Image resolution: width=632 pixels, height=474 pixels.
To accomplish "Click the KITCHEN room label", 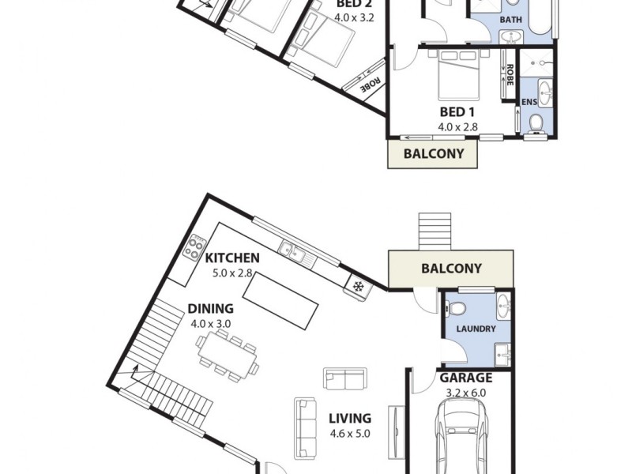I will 232,258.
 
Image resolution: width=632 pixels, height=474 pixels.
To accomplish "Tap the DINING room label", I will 210,309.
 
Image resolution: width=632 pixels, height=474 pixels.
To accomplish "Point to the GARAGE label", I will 466,378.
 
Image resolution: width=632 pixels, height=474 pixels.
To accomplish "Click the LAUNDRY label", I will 476,329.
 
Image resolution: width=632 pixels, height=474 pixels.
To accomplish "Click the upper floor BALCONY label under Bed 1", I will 434,154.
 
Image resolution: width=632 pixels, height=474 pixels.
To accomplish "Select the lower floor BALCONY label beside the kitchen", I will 451,269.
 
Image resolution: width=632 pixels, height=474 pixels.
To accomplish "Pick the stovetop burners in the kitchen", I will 194,248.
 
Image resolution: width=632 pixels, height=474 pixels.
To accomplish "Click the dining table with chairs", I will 229,353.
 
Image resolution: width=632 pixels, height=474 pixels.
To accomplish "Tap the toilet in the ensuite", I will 536,122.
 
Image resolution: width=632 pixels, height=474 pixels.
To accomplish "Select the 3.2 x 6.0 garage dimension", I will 466,393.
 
